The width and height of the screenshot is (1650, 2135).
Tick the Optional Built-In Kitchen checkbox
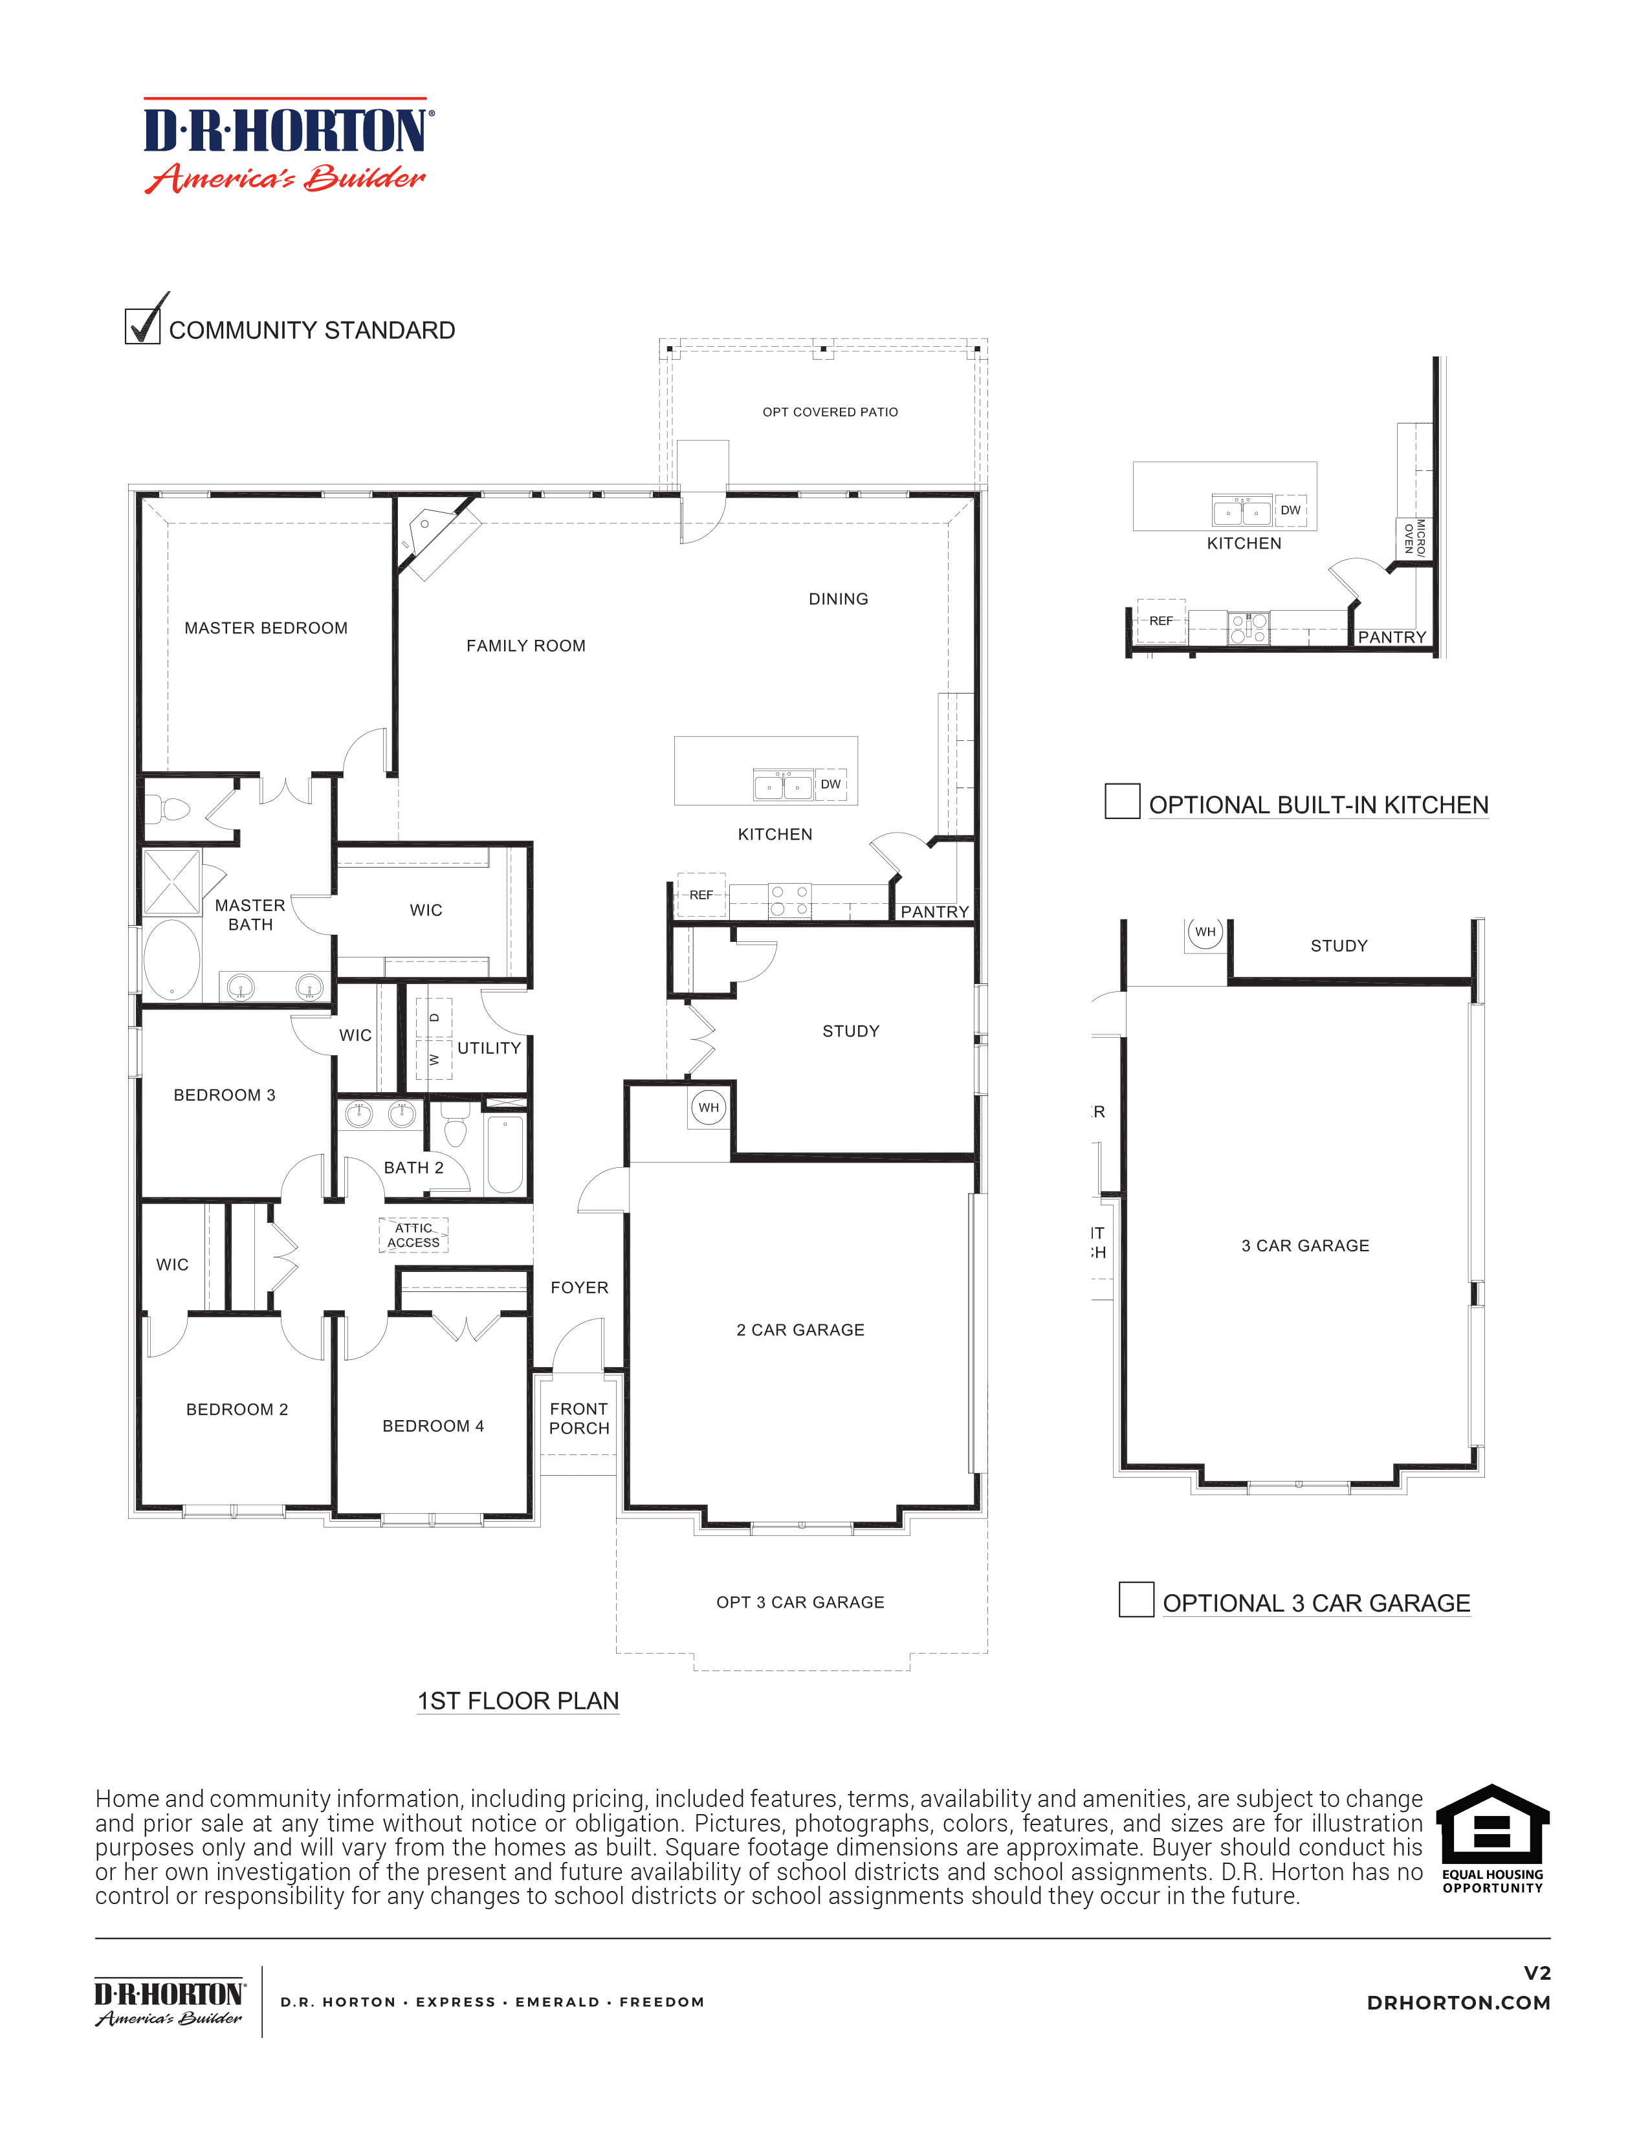pos(1121,801)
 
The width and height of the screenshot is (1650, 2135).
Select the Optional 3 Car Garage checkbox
pos(1136,1599)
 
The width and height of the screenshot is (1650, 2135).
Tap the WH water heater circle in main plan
pos(709,1108)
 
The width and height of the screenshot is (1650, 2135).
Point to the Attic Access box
pos(413,1236)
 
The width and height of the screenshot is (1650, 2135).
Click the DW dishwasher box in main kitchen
pos(831,784)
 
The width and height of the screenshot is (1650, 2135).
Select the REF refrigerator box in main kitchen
pos(701,895)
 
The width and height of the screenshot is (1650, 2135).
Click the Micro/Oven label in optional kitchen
pos(1414,538)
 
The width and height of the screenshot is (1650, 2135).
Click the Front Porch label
pos(578,1418)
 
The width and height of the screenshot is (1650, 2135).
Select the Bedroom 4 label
pos(433,1427)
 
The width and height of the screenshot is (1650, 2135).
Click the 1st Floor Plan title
pos(518,1701)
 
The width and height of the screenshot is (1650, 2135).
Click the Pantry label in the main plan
pos(934,912)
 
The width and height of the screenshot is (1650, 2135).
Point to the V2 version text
pos(1537,1974)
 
